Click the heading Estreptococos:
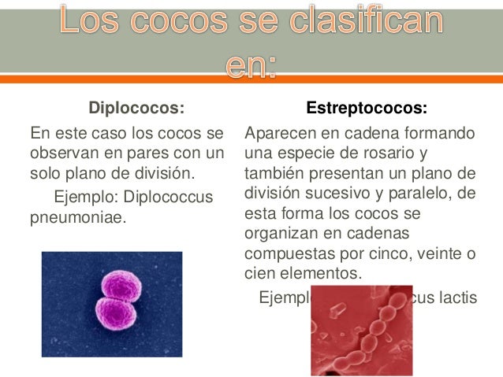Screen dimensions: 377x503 (367, 106)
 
